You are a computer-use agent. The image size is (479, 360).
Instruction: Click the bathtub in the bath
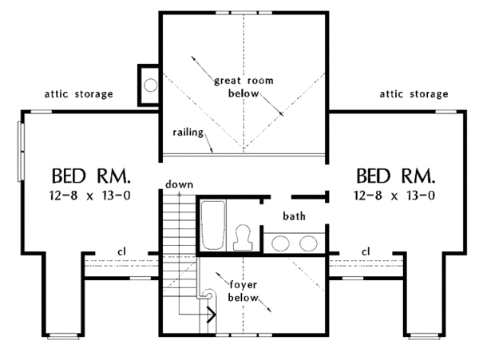213,225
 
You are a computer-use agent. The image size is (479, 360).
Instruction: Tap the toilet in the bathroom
243,238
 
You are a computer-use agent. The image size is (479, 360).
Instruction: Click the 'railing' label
188,133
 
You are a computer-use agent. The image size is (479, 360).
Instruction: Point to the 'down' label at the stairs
179,184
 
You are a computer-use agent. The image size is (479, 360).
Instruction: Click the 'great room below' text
243,87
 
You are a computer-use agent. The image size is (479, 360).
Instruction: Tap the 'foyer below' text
243,291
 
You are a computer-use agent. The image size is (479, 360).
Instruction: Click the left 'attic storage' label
79,94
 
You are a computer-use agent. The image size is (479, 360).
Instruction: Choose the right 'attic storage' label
414,94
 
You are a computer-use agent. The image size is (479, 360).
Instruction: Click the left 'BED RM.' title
91,176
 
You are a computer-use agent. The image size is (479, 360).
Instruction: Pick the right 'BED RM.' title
396,176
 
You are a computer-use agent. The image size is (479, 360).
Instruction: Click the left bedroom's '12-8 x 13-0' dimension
89,195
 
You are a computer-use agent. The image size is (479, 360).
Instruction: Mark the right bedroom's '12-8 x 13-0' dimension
394,195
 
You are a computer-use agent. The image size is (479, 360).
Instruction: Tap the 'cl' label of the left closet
121,251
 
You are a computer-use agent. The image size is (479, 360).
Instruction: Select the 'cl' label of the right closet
366,251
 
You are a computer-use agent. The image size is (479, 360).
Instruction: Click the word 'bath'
294,216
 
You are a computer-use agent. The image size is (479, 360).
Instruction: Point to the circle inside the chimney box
151,85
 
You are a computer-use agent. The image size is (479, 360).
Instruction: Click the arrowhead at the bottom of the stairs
212,315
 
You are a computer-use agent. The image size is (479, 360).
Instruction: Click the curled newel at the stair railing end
208,294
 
